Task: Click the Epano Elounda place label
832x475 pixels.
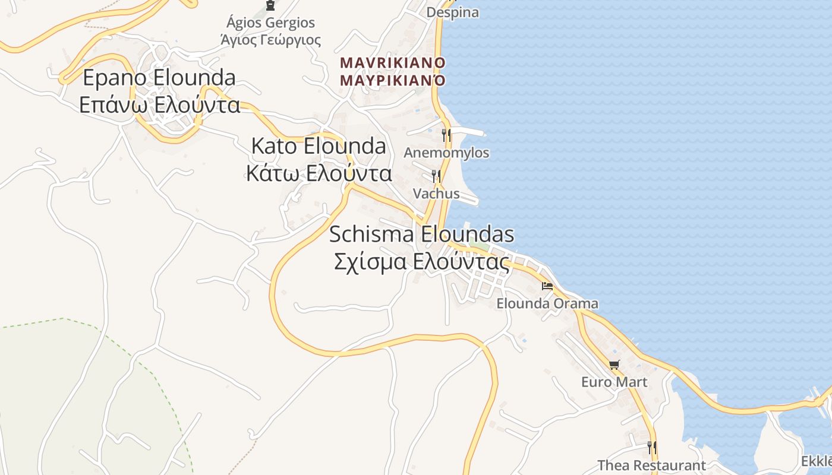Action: pyautogui.click(x=159, y=78)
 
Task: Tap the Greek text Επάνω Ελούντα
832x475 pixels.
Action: pyautogui.click(x=159, y=105)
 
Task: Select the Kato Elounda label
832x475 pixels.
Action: pyautogui.click(x=319, y=146)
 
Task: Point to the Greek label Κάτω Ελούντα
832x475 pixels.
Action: pyautogui.click(x=319, y=173)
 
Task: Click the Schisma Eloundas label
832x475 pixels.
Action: pyautogui.click(x=421, y=235)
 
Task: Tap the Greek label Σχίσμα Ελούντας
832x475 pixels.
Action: pyautogui.click(x=421, y=262)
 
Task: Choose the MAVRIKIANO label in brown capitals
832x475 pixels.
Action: pyautogui.click(x=392, y=62)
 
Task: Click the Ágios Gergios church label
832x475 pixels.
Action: pyautogui.click(x=270, y=23)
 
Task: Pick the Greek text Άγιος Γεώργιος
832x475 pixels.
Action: pyautogui.click(x=270, y=40)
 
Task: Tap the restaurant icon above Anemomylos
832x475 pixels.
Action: pyautogui.click(x=446, y=135)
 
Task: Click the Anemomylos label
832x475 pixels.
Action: pyautogui.click(x=446, y=153)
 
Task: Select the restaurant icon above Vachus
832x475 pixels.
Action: pyautogui.click(x=436, y=176)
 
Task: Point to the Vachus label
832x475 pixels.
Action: pyautogui.click(x=436, y=194)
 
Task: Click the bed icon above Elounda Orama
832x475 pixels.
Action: pyautogui.click(x=547, y=286)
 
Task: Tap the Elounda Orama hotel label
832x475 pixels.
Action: pyautogui.click(x=547, y=303)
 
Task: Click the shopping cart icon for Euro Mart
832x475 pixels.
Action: pyautogui.click(x=614, y=365)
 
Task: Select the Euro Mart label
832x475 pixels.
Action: pyautogui.click(x=614, y=382)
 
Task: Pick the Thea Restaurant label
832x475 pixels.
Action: pyautogui.click(x=651, y=465)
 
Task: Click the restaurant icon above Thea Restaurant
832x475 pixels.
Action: pyautogui.click(x=652, y=447)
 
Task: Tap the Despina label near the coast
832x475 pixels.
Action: pyautogui.click(x=453, y=12)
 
